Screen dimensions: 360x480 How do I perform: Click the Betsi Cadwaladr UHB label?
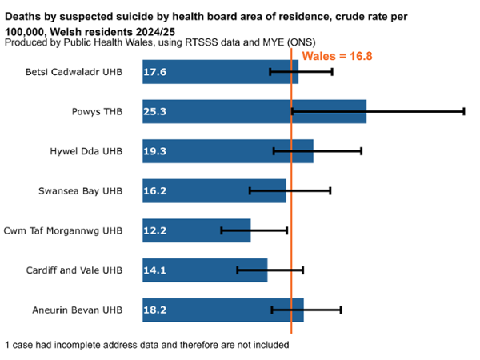pos(78,72)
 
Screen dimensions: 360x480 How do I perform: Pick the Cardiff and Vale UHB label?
pos(76,270)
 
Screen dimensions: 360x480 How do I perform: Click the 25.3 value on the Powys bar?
pos(154,112)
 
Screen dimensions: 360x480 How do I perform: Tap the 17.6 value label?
pos(154,72)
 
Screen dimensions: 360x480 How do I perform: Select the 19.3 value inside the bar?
pos(154,151)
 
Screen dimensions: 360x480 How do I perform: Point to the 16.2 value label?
pos(154,191)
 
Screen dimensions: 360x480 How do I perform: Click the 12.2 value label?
pos(154,230)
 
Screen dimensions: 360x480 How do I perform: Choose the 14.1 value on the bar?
pos(154,270)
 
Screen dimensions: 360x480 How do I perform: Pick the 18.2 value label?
pos(154,310)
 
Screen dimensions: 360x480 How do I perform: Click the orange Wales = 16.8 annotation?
pos(337,56)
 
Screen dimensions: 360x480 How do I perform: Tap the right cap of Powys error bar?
pos(464,111)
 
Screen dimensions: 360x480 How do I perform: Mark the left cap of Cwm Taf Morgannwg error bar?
pos(222,230)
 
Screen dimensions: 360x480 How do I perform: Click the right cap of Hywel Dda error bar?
pos(362,150)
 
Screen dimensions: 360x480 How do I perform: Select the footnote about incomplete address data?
pos(146,345)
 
